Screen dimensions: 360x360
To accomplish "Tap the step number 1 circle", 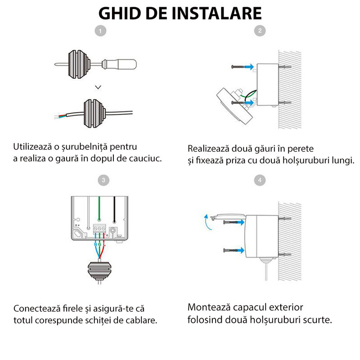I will (x=103, y=31).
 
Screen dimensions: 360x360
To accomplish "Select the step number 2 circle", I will (x=260, y=31).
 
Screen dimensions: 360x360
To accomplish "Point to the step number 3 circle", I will (x=103, y=180).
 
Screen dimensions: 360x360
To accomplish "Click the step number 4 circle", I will (x=260, y=180).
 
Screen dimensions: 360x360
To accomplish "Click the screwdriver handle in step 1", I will (x=126, y=64).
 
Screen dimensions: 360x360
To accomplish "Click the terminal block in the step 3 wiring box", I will (x=99, y=229).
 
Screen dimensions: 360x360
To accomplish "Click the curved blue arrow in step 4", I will (x=206, y=221).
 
